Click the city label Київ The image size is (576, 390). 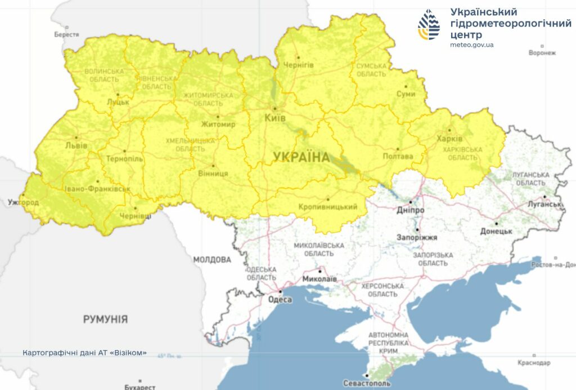[275, 118]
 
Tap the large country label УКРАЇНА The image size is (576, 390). [301, 157]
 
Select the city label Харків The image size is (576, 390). [449, 138]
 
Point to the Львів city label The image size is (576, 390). [76, 145]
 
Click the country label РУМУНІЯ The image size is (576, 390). [105, 319]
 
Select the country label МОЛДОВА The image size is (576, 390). [212, 260]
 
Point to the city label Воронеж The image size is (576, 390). [542, 53]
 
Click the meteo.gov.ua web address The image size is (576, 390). [472, 45]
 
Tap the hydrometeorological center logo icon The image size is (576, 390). [429, 24]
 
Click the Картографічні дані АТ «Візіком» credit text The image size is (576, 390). [84, 353]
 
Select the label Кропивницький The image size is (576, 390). [328, 207]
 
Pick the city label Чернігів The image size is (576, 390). [298, 65]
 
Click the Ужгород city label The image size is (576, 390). [23, 202]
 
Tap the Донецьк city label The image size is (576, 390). [496, 231]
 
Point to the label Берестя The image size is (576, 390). [66, 34]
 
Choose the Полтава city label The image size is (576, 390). [398, 156]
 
